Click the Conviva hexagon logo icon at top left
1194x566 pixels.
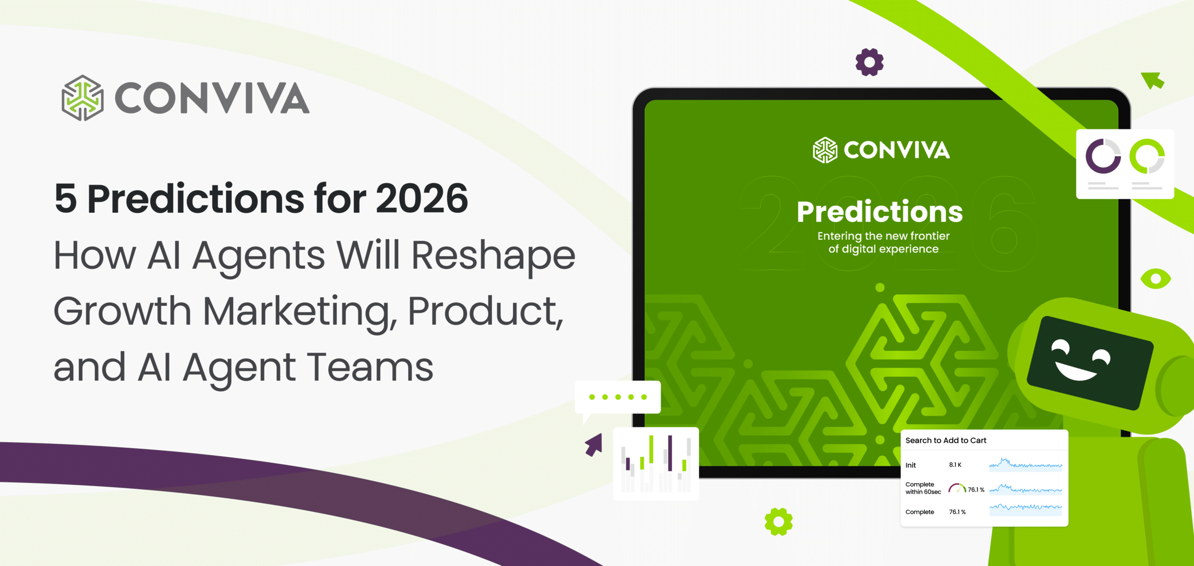pos(83,98)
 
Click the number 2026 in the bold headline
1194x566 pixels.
pos(422,199)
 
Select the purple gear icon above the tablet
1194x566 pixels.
pos(869,62)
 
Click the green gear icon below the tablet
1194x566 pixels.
pos(778,522)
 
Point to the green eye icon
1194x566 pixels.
pos(1155,279)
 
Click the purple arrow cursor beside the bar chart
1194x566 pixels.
pos(594,445)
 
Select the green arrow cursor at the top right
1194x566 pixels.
pos(1153,80)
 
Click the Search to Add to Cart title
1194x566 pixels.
pos(946,440)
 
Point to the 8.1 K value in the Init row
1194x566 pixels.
pos(955,465)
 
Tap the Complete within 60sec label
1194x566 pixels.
pos(923,488)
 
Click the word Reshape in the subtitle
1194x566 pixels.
pos(493,256)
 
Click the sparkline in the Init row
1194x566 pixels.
pos(1025,465)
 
